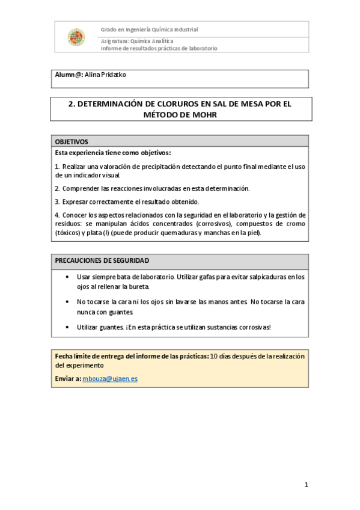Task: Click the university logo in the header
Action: tap(76, 37)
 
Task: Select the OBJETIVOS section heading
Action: tap(72, 141)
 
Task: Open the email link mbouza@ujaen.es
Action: tap(110, 379)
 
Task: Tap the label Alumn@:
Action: tap(69, 75)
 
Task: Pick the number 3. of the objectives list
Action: tap(57, 201)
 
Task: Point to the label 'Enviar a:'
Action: tap(68, 379)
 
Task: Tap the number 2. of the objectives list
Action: tap(57, 188)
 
